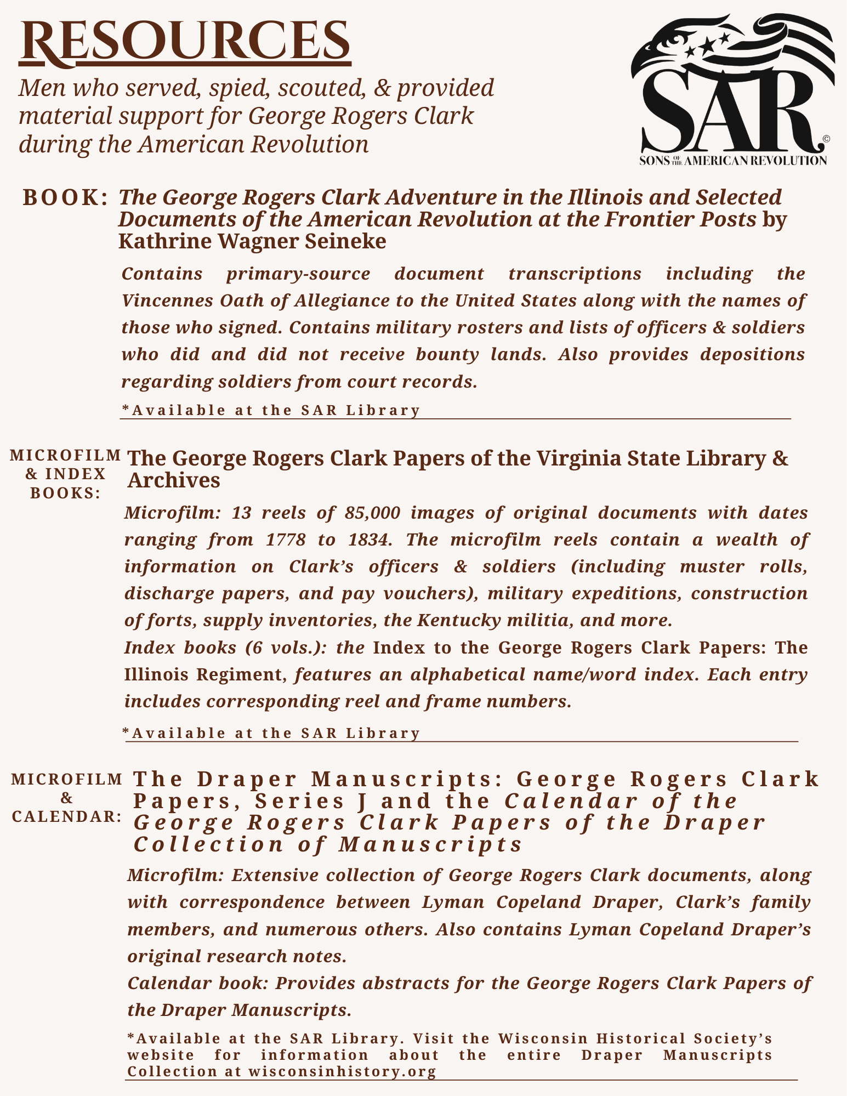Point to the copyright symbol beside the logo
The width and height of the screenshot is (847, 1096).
[x=826, y=139]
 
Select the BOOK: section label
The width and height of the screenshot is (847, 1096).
[x=65, y=198]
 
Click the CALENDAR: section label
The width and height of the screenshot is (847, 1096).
[x=66, y=816]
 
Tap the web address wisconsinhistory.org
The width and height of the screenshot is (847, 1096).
[x=342, y=1071]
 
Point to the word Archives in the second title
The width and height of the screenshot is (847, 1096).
[x=174, y=480]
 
